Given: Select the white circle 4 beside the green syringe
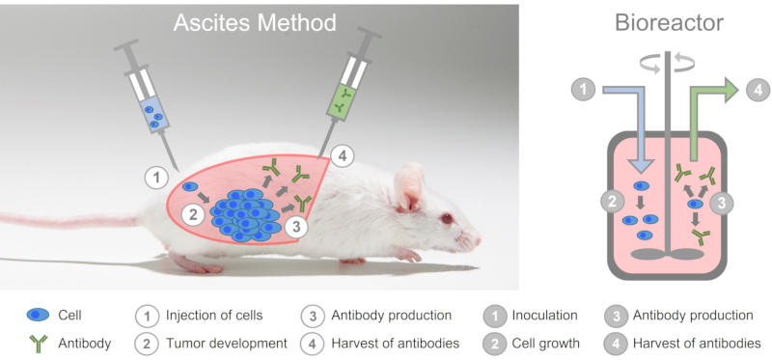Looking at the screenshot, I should pos(341,154).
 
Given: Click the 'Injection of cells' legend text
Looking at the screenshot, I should pos(212,315).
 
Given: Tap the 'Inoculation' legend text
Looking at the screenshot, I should pos(544,315).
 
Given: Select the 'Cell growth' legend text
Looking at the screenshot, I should pos(546,343).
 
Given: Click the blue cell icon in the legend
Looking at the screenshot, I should pos(40,315).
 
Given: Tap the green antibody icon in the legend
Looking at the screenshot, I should pos(40,343).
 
